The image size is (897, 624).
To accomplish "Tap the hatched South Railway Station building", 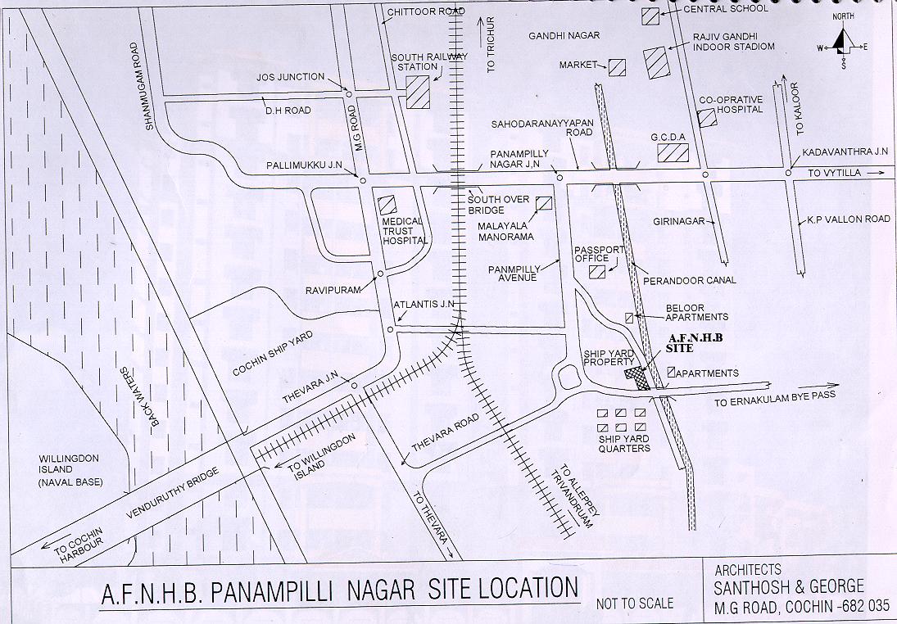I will pos(418,91).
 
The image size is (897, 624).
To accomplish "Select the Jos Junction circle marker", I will pos(349,94).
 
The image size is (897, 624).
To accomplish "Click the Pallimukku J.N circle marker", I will pos(360,179).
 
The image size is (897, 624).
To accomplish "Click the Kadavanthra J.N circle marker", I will pos(788,172).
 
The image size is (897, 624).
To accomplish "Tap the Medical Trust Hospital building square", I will pos(387,204).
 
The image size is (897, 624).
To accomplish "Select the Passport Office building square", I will pos(598,272).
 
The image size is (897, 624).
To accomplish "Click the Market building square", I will pos(617,67).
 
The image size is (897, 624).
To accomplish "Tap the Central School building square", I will pos(650,15).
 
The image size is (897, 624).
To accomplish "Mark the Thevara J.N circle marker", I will pos(354,386).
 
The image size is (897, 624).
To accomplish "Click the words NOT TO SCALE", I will pos(635,604).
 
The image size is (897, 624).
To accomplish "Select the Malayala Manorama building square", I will pos(543,204).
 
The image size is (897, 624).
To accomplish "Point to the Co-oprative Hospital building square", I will pos(706,118).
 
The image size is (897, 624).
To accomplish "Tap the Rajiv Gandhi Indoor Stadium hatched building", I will pos(655,63).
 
